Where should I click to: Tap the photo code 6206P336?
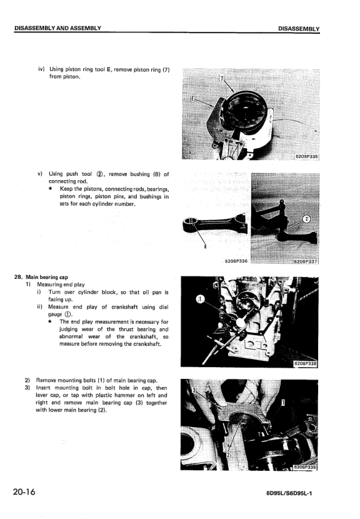tap(235, 261)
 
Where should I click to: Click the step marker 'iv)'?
tap(41, 69)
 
